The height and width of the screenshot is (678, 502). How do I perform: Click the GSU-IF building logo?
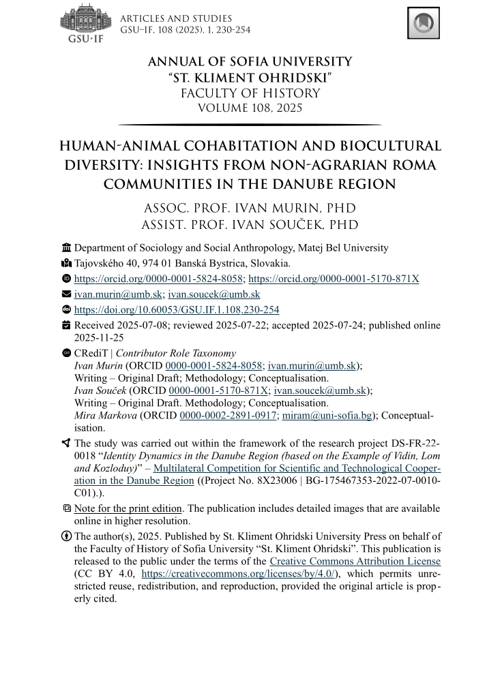[85, 22]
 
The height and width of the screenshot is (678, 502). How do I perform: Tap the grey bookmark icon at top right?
[423, 23]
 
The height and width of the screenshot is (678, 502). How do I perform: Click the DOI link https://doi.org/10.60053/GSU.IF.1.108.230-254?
[177, 309]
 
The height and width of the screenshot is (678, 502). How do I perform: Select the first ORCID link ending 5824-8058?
[159, 279]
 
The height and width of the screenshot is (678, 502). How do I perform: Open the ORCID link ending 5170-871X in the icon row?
[334, 279]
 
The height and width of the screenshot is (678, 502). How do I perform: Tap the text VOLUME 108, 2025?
[250, 108]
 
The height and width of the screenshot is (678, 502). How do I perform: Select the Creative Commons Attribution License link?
[355, 561]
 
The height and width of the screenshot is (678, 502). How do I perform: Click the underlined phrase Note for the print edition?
[128, 508]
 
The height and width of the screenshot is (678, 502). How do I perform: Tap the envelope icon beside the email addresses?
[66, 294]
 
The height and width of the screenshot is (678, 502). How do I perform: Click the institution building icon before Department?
[66, 248]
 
